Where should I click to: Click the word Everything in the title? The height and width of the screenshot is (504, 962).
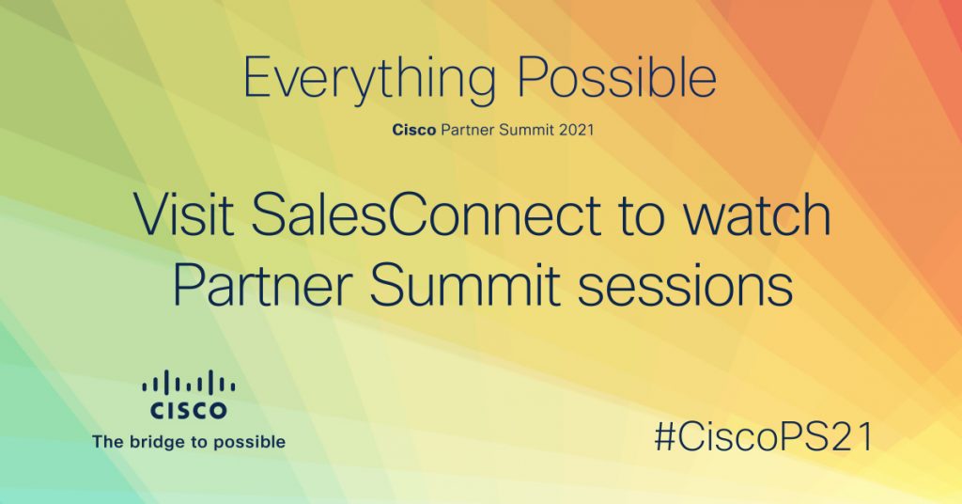pos(369,79)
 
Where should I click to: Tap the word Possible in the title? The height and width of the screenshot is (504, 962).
pos(617,77)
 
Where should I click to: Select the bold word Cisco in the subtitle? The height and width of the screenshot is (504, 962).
pos(414,130)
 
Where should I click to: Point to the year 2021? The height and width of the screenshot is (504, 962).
pos(576,130)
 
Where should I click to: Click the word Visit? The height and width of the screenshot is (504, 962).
pos(184,215)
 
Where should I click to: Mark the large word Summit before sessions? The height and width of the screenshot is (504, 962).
pos(464,285)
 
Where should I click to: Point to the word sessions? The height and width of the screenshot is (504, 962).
pos(685,288)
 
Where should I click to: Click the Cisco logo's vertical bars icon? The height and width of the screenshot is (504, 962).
pos(188,382)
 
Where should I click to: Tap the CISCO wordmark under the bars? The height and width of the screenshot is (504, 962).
pos(188,410)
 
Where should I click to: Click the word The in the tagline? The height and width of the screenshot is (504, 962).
pos(107,441)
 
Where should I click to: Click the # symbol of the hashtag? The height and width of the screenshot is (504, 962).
pos(666,438)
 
